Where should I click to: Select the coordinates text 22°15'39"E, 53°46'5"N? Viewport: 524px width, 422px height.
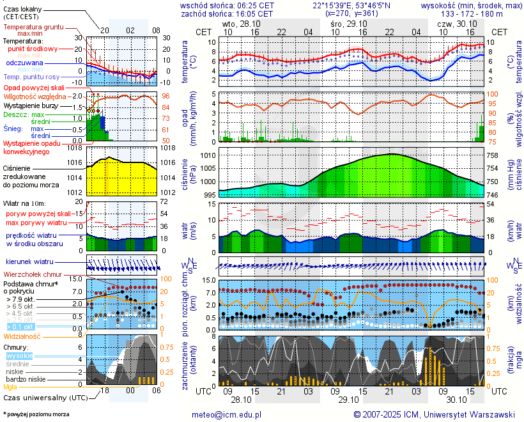point(351,5)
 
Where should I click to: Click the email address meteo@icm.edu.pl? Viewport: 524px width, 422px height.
point(226,414)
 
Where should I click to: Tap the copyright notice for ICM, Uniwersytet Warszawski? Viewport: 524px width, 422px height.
point(435,414)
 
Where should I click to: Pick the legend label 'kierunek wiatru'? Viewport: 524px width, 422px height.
point(29,262)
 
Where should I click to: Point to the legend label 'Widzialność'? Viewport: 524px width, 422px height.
point(22,336)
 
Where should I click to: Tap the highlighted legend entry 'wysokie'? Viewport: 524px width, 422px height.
point(19,356)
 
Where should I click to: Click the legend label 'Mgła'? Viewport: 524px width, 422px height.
point(10,387)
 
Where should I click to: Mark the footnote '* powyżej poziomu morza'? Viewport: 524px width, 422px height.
point(36,414)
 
